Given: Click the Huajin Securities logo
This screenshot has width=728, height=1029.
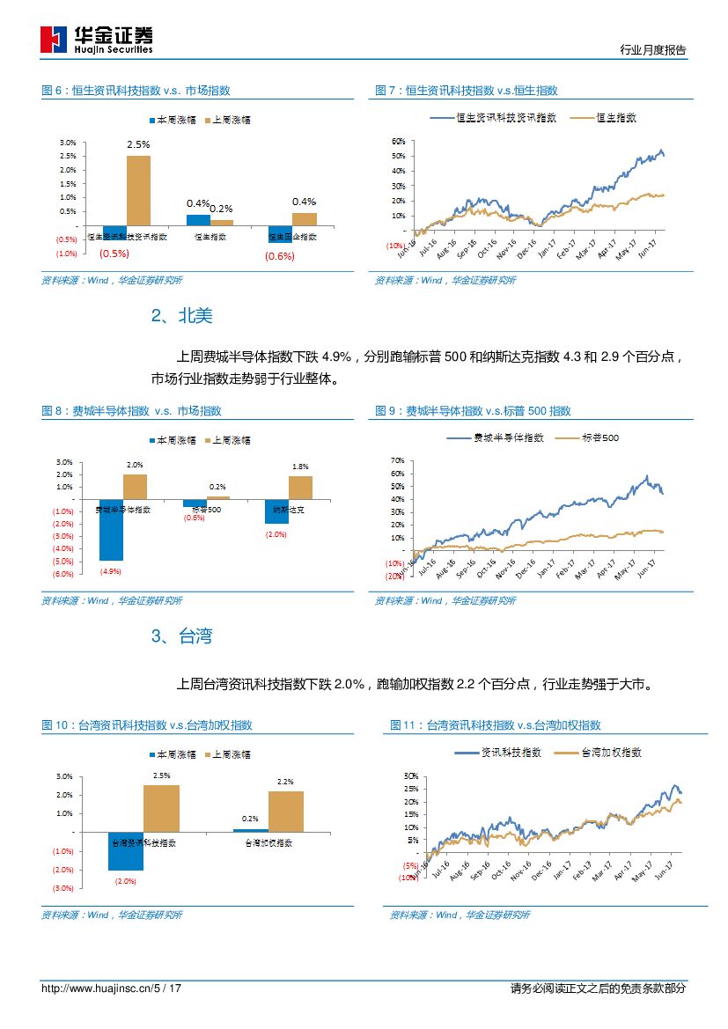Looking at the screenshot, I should [97, 40].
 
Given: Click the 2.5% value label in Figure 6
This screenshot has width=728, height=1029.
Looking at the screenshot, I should [138, 143].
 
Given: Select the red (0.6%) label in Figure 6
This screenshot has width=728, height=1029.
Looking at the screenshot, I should [280, 256].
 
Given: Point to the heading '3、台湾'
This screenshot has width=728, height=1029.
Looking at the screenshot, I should [181, 636].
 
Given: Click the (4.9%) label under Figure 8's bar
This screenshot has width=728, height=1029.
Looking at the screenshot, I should [110, 571].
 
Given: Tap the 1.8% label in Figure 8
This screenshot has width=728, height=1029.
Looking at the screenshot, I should [300, 467].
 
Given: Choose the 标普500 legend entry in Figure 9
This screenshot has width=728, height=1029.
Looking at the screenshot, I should [600, 437].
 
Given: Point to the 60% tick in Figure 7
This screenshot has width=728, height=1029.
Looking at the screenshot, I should [398, 141].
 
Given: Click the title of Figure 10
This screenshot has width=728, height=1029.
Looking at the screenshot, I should [147, 725].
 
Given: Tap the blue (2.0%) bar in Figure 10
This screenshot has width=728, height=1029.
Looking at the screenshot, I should [126, 851].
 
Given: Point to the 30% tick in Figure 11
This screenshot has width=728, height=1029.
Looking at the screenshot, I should [411, 775].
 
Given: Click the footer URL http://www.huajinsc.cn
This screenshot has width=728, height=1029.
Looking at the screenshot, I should [97, 989].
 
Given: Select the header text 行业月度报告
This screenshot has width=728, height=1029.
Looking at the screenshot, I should [652, 50].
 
